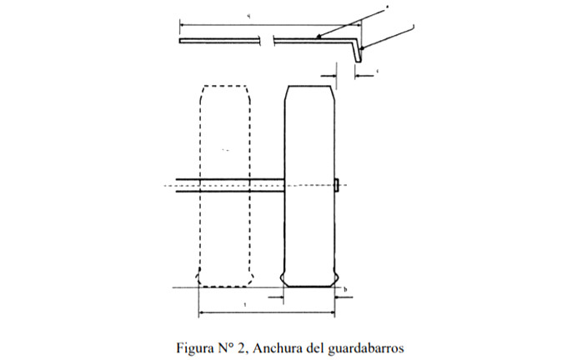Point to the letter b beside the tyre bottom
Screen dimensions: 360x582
pos(346,288)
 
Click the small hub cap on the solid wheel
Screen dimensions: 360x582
pos(336,184)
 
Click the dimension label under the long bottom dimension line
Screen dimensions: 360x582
pos(243,306)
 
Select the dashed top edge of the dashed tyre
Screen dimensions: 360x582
pos(224,85)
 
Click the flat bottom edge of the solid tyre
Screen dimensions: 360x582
pos(310,286)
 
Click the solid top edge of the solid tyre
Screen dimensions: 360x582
pos(310,85)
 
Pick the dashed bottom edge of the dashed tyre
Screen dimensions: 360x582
pos(224,286)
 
